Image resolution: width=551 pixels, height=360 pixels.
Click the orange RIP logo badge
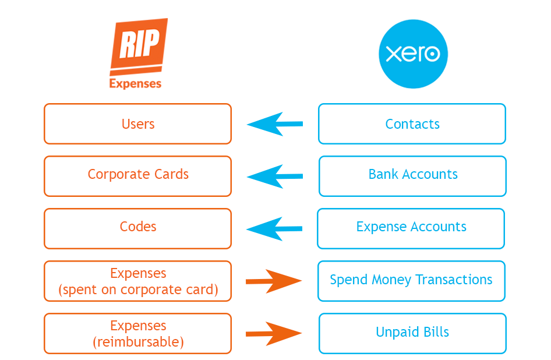click(138, 47)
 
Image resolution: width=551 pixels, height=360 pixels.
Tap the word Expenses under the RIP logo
click(135, 83)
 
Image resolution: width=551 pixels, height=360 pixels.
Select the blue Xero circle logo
click(413, 54)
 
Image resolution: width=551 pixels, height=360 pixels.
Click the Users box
click(138, 124)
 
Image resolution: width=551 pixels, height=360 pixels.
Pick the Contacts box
click(412, 124)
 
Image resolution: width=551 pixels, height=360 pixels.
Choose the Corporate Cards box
click(138, 175)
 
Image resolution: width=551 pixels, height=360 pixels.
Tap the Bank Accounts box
click(412, 175)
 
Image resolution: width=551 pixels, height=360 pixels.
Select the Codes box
click(138, 227)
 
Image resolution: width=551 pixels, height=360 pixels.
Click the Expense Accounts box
click(411, 227)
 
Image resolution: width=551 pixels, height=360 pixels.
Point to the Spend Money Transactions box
click(411, 280)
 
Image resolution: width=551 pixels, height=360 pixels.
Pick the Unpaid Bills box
click(412, 333)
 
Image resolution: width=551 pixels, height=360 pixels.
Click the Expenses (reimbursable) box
click(138, 334)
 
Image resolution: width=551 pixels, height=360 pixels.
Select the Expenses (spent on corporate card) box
click(138, 281)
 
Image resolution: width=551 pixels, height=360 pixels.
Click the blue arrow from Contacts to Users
click(275, 124)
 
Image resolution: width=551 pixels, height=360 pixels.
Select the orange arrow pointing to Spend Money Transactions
click(274, 281)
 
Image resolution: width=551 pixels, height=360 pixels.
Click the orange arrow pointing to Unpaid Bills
click(274, 334)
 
